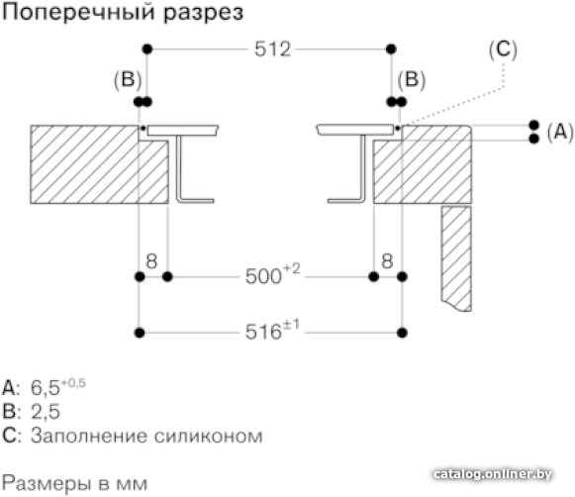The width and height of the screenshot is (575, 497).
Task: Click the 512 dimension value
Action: tap(273, 49)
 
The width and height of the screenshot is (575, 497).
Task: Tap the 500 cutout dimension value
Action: tap(264, 276)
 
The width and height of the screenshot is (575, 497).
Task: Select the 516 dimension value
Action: tap(263, 332)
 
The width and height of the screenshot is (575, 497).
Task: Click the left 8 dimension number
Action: tap(151, 261)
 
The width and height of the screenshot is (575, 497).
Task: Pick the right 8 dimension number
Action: tap(387, 261)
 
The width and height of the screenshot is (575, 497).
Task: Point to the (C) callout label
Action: tap(503, 50)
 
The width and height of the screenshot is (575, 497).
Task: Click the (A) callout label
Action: tap(560, 132)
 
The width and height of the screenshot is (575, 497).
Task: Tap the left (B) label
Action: tap(128, 79)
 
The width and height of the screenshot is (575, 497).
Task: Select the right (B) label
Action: tap(412, 79)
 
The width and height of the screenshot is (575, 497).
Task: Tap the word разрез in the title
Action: tap(203, 14)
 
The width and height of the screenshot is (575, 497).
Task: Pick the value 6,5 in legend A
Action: tap(46, 388)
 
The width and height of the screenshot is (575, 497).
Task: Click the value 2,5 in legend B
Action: tap(46, 412)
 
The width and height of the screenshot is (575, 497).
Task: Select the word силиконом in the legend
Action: tap(208, 437)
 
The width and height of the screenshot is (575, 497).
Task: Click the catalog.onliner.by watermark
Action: tap(493, 474)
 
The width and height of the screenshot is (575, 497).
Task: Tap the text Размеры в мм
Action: tap(75, 483)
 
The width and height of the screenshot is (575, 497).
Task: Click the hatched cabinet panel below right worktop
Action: tap(456, 258)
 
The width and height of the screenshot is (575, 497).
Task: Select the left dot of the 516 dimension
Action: tap(140, 333)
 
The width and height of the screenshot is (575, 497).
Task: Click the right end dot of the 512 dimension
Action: tap(391, 49)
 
